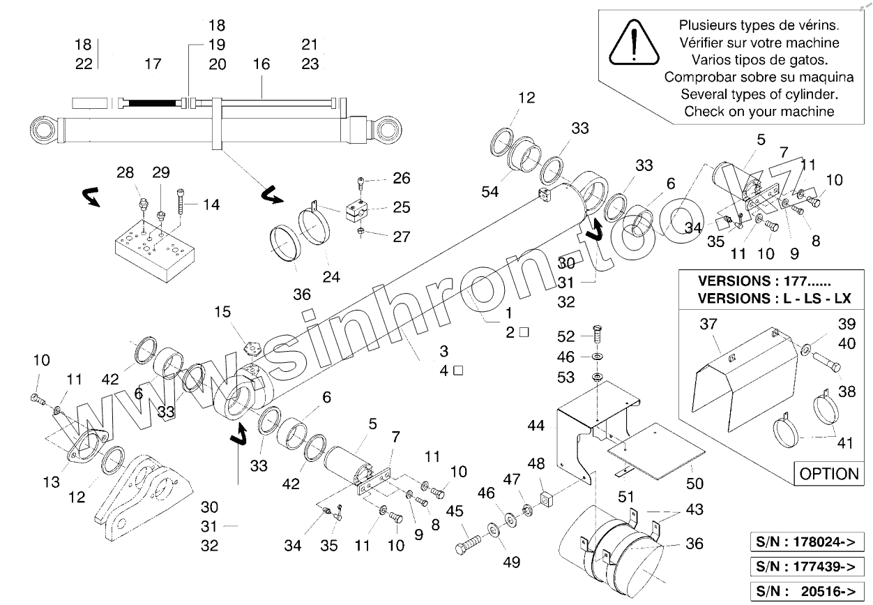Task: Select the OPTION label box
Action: [828, 474]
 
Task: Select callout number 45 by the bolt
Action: [455, 511]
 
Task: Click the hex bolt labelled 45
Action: [471, 544]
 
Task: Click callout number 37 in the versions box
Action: [708, 323]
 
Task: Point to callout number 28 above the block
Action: [125, 172]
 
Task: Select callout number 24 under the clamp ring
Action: [331, 277]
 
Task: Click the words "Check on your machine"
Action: [758, 110]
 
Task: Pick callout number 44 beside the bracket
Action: [536, 424]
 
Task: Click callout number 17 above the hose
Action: [153, 64]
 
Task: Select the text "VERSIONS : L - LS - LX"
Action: [774, 297]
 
